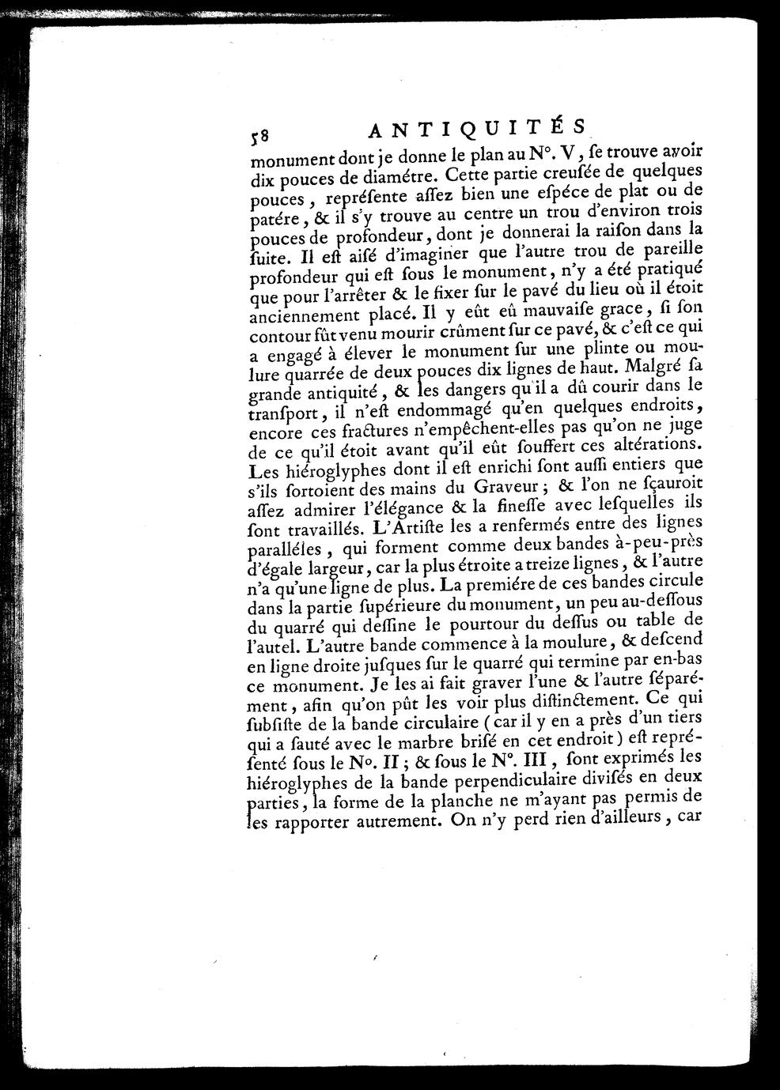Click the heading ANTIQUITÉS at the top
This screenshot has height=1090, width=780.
tap(477, 129)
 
